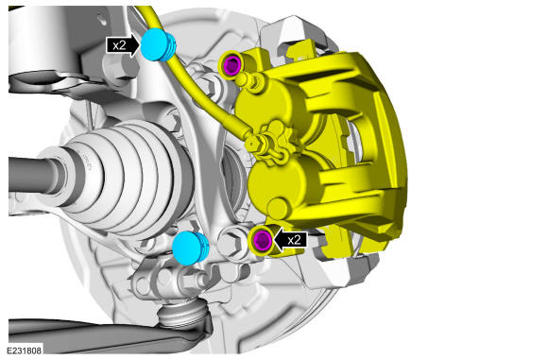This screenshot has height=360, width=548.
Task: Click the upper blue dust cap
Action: tap(158, 45)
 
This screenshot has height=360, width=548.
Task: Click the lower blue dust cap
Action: tap(190, 248)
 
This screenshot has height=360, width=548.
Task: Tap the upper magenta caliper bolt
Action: tap(232, 65)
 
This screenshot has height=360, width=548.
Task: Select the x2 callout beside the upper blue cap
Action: tap(119, 45)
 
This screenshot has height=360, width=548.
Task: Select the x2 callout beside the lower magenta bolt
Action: tap(294, 240)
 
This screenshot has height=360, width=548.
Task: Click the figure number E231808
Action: tap(25, 351)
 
